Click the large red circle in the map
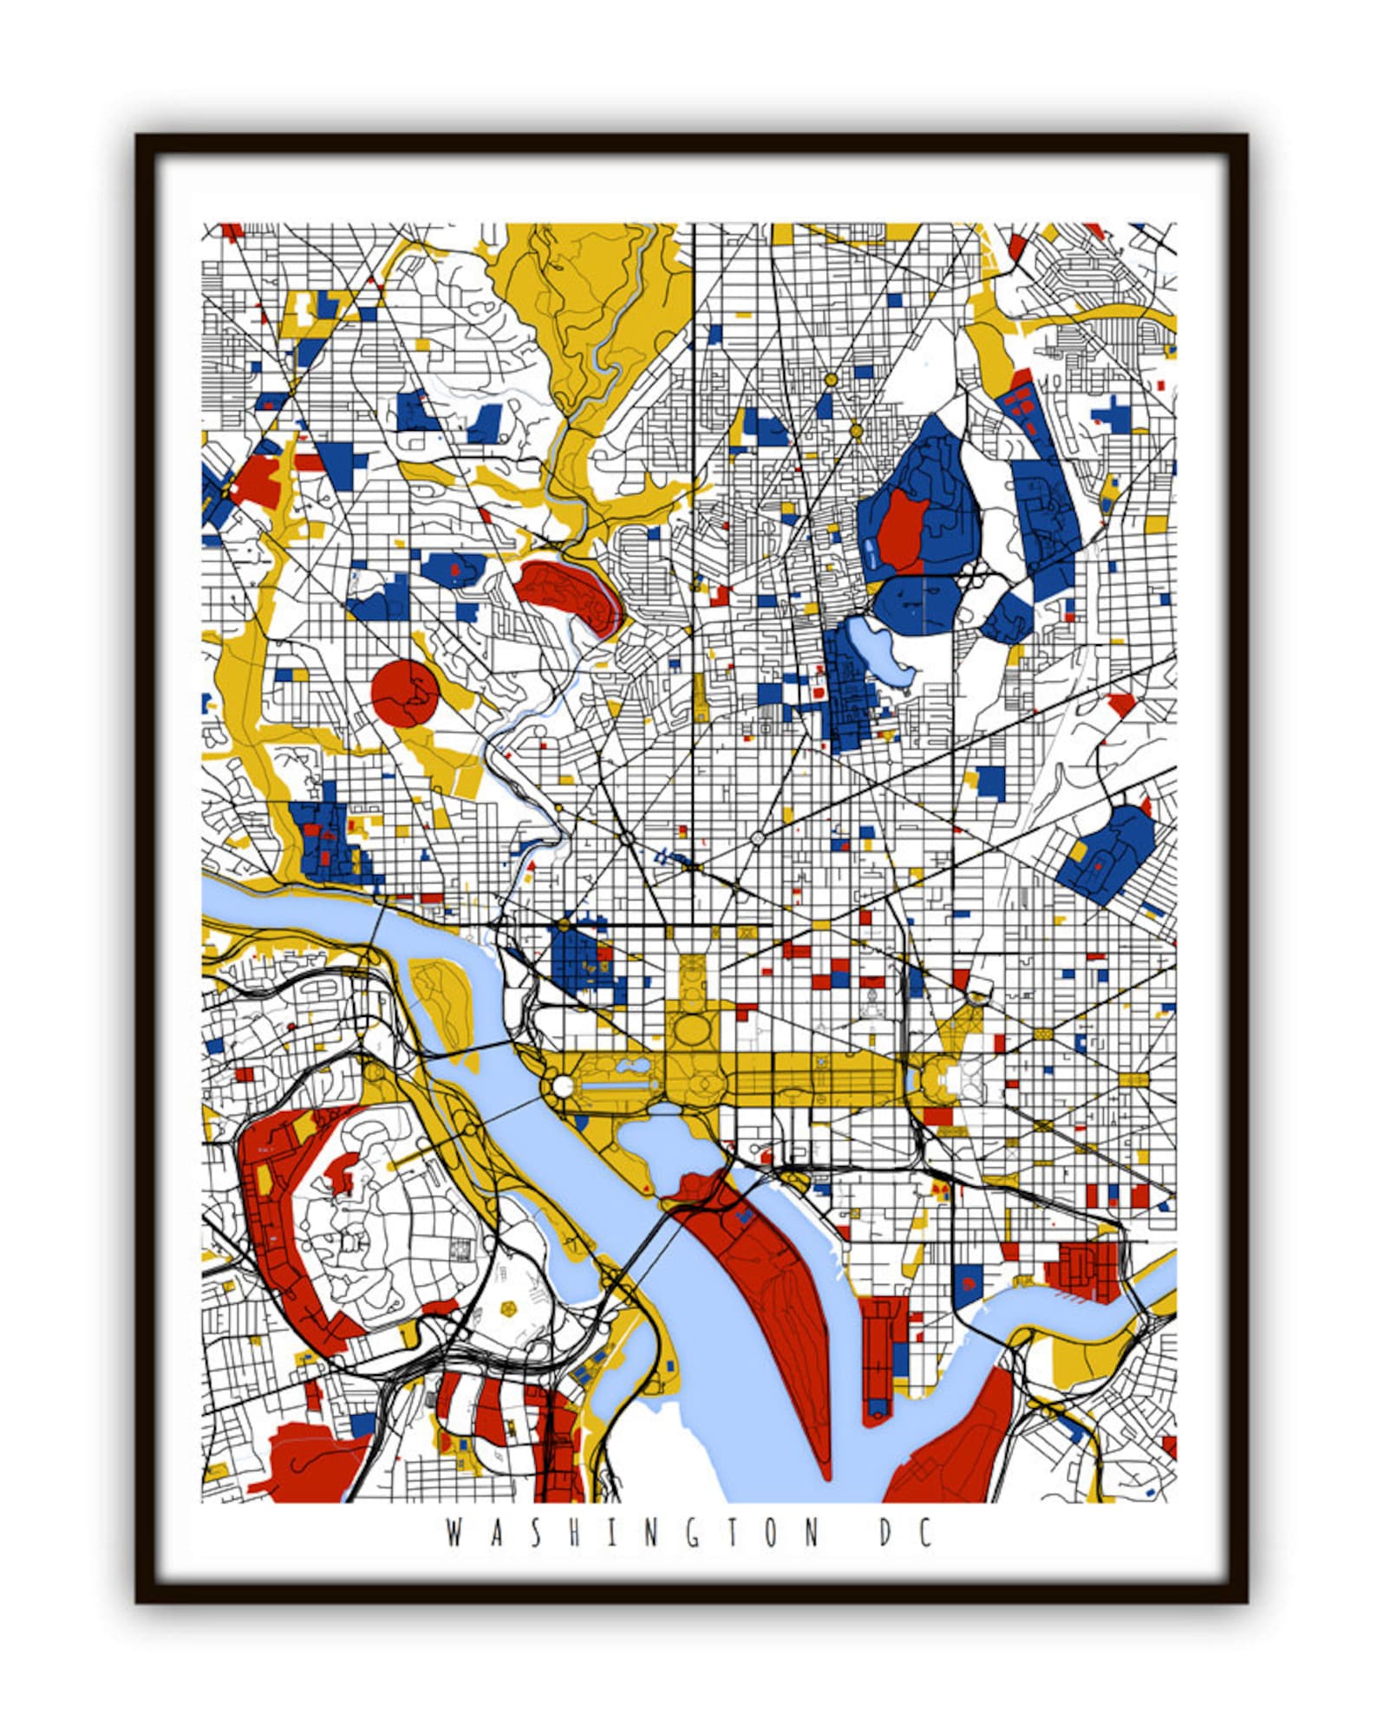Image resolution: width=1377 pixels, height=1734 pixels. tap(405, 691)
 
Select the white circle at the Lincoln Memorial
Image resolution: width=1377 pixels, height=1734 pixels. tap(562, 1085)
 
